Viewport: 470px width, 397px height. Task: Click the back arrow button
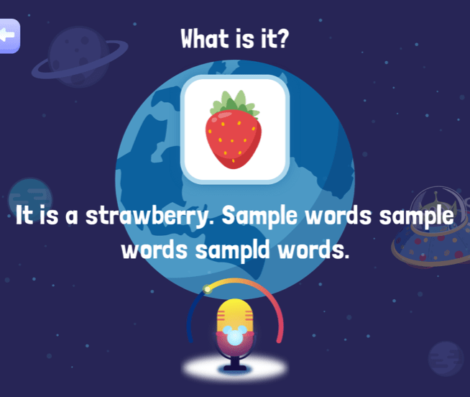pyautogui.click(x=9, y=36)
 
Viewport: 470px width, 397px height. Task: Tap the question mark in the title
pyautogui.click(x=282, y=38)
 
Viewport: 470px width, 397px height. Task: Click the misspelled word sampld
pyautogui.click(x=233, y=250)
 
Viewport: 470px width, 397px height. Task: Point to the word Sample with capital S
pyautogui.click(x=259, y=216)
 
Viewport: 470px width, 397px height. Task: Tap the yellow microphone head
pyautogui.click(x=235, y=316)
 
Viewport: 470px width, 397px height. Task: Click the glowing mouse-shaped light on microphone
pyautogui.click(x=235, y=335)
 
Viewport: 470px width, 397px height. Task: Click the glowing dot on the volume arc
pyautogui.click(x=207, y=289)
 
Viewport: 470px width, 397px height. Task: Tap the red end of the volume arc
pyautogui.click(x=279, y=340)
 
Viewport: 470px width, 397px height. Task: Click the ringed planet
pyautogui.click(x=79, y=57)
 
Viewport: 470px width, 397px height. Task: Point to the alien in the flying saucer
pyautogui.click(x=437, y=206)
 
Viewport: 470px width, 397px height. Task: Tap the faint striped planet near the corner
pyautogui.click(x=446, y=359)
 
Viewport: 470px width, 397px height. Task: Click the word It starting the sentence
pyautogui.click(x=24, y=215)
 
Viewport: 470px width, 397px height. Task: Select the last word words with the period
pyautogui.click(x=313, y=250)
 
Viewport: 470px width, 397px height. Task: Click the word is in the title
pyautogui.click(x=244, y=39)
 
